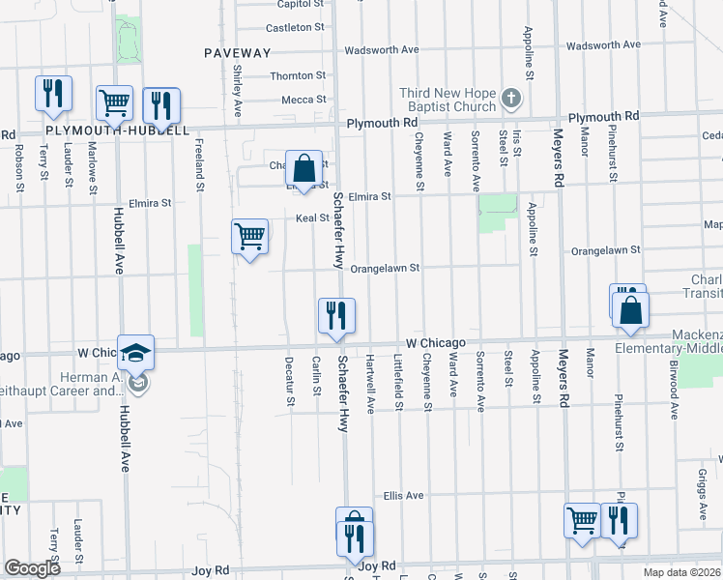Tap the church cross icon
(x=512, y=98)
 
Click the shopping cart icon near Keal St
(x=250, y=235)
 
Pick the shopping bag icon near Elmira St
(x=304, y=168)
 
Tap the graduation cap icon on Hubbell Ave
(x=137, y=352)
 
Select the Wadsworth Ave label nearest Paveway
(x=383, y=49)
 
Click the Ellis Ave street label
(x=403, y=496)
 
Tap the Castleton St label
(x=296, y=27)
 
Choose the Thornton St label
(x=298, y=75)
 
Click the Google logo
(x=33, y=568)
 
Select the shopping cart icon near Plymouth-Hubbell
(x=114, y=103)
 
